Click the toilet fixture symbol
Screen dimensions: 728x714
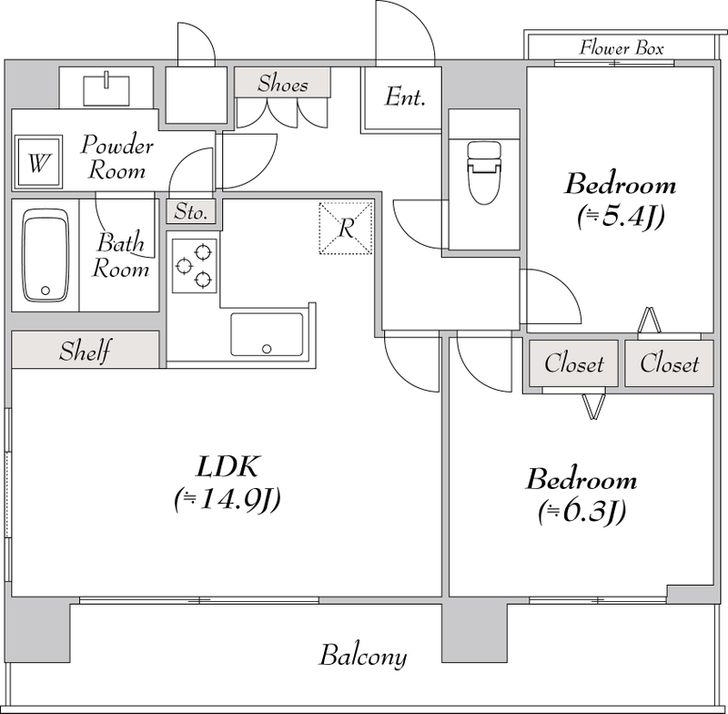pos(484,173)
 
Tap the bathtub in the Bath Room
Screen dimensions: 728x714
pos(45,255)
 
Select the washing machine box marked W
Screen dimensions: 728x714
pos(38,162)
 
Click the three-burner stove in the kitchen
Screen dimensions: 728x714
pos(194,266)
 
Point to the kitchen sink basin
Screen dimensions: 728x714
pos(267,334)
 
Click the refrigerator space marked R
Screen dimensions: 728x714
pos(346,228)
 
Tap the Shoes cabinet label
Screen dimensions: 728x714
pos(282,84)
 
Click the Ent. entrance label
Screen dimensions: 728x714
pos(405,97)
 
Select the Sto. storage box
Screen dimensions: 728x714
pos(191,212)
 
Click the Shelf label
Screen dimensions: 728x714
pos(85,351)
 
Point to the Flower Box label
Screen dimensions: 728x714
pos(622,48)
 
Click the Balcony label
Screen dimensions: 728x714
pos(362,656)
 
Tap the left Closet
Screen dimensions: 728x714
pos(574,363)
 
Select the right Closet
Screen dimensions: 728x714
pos(669,363)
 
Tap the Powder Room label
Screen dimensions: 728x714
pos(116,157)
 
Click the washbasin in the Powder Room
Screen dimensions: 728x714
pos(106,89)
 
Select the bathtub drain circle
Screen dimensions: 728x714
pos(45,291)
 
